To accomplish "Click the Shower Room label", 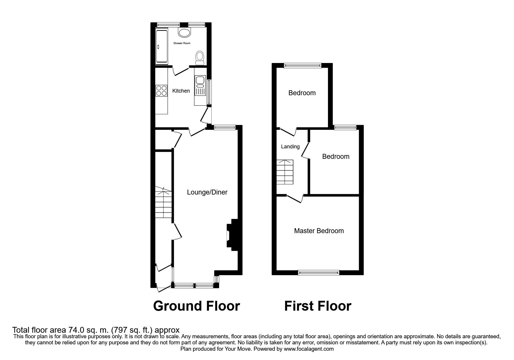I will pyautogui.click(x=182, y=43).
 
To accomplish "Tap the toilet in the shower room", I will pyautogui.click(x=200, y=57).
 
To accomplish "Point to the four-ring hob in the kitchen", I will pyautogui.click(x=161, y=90).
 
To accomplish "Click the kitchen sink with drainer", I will pyautogui.click(x=200, y=86).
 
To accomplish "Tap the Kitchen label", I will pyautogui.click(x=181, y=91).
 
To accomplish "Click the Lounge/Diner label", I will pyautogui.click(x=207, y=192).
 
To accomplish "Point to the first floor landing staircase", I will pyautogui.click(x=285, y=172).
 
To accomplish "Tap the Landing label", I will pyautogui.click(x=290, y=147).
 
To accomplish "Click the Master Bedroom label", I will pyautogui.click(x=319, y=231).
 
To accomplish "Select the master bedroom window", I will pyautogui.click(x=319, y=272).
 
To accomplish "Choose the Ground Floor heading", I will pyautogui.click(x=196, y=306).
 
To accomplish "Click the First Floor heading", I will pyautogui.click(x=318, y=306).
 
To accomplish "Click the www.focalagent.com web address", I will pyautogui.click(x=309, y=349).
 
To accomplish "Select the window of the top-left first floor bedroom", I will pyautogui.click(x=302, y=66).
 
